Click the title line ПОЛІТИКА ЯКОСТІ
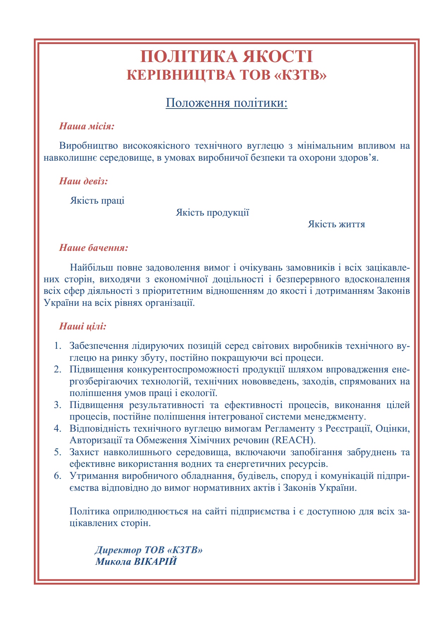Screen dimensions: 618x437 coord(227,57)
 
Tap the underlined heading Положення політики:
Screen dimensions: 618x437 coord(227,103)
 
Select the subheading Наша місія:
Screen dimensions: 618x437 coord(87,126)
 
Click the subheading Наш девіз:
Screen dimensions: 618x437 coord(84,181)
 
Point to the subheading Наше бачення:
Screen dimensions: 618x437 coord(94,248)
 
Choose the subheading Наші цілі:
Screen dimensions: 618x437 coord(83,326)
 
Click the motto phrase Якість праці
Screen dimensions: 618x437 coord(97,200)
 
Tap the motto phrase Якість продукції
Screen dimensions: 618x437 coord(213,212)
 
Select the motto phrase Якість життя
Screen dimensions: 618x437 coord(336,224)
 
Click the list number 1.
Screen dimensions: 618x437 coord(57,346)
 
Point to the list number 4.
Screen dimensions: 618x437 coord(57,428)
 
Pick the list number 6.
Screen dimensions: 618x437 coord(57,476)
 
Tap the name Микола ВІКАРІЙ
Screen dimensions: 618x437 coord(136,561)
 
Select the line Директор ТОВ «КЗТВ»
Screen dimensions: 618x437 coord(149,550)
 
